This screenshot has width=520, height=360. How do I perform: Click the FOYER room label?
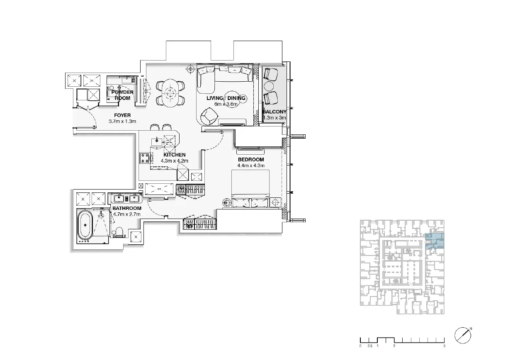click(122, 115)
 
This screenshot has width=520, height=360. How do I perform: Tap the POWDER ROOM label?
click(122, 95)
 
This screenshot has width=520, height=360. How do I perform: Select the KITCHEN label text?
click(174, 155)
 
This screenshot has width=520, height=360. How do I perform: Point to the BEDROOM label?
click(251, 160)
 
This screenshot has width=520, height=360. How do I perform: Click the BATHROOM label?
click(127, 208)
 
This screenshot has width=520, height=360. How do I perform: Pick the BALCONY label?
click(275, 112)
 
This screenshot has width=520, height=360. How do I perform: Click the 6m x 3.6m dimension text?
click(226, 104)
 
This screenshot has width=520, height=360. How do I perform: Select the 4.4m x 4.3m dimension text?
click(251, 165)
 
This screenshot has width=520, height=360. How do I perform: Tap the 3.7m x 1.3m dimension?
click(122, 121)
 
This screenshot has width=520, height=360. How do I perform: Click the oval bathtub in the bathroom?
click(85, 225)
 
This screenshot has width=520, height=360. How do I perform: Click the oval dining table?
click(170, 93)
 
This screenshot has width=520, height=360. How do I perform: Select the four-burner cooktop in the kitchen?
click(145, 158)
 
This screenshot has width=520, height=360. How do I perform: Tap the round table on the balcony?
click(269, 86)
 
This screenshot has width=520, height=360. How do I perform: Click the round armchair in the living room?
click(209, 116)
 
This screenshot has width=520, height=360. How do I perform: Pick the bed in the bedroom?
click(250, 189)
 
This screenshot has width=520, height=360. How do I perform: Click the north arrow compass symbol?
click(463, 336)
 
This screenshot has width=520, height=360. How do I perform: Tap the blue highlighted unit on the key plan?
click(435, 241)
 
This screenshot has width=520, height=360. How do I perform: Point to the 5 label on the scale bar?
click(444, 346)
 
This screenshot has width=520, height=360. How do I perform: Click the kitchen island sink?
click(157, 141)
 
